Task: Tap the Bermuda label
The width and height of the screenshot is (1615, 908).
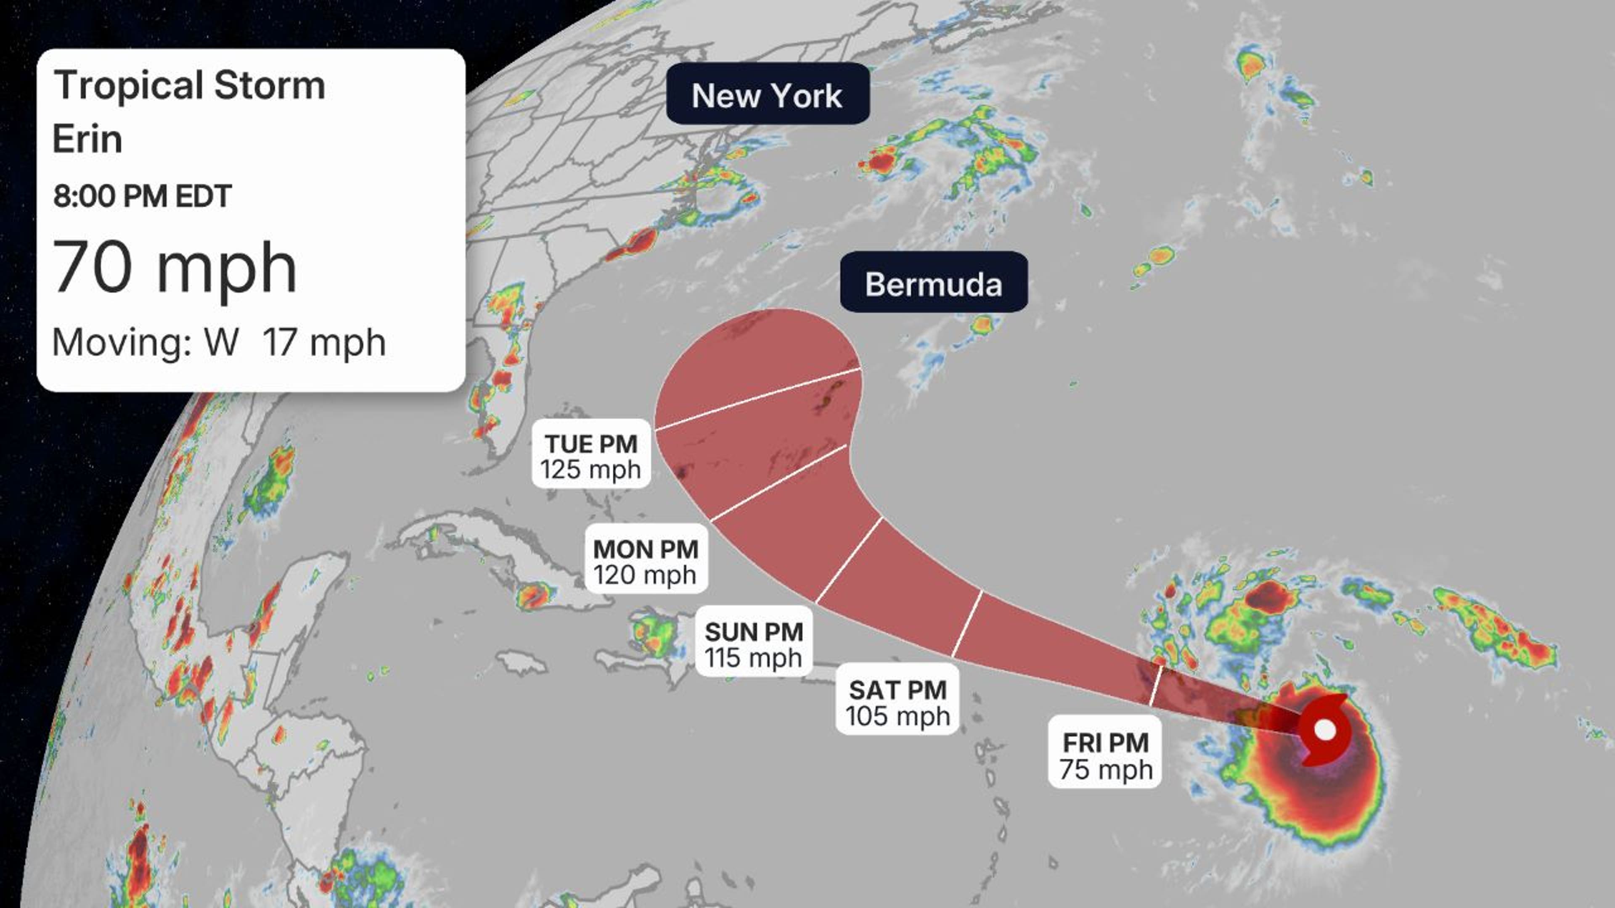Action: point(934,282)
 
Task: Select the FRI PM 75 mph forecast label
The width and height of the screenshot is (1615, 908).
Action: point(1105,751)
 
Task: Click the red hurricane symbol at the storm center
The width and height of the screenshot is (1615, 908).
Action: point(1324,730)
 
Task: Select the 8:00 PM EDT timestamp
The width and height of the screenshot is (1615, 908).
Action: point(142,196)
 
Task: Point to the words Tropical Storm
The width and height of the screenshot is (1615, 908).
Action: point(189,85)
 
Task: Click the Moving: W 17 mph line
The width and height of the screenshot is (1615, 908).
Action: point(218,343)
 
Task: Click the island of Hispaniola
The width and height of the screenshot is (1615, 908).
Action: point(652,652)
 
